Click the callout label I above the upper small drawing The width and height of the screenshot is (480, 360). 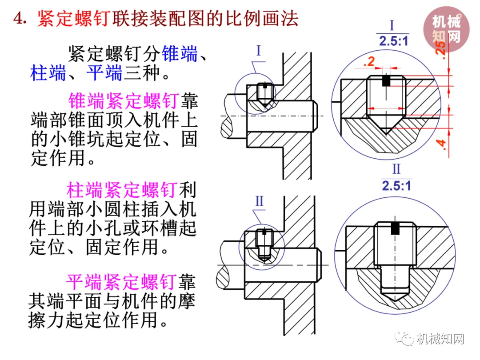click(259, 51)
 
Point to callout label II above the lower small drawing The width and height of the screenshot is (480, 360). click(260, 201)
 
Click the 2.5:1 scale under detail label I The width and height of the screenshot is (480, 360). click(394, 41)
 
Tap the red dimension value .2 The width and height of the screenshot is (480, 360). click(369, 63)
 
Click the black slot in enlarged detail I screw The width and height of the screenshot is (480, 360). click(386, 81)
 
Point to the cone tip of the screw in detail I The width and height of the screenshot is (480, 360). click(386, 132)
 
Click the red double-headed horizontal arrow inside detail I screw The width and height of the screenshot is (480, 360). click(386, 108)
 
